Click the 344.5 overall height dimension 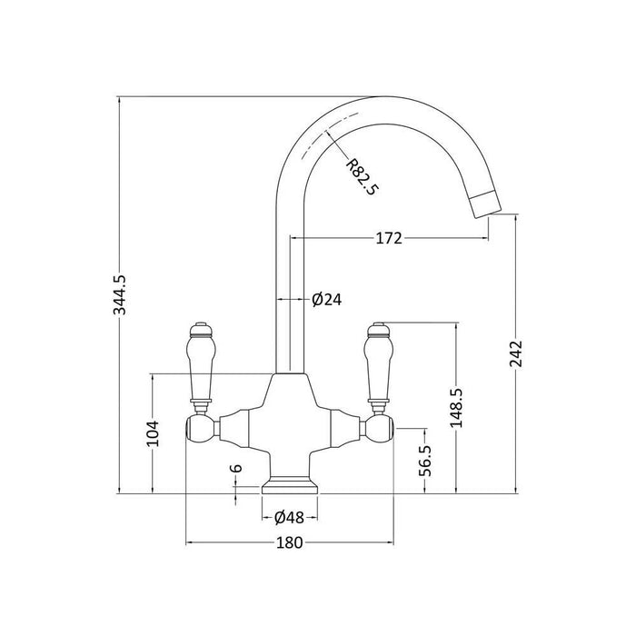point(120,294)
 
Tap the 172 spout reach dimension point(389,238)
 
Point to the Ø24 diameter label point(327,299)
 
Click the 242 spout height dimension point(516,353)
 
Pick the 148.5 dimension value point(457,408)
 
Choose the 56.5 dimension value point(424,461)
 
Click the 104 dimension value point(153,433)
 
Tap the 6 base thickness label point(236,468)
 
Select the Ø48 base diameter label point(289,517)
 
